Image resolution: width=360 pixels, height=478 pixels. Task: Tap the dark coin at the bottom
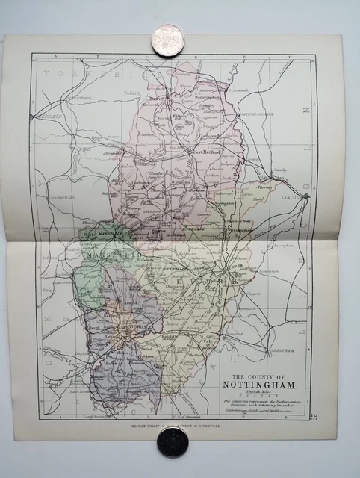point(172,442)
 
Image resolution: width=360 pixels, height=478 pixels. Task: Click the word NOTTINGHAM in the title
point(261,386)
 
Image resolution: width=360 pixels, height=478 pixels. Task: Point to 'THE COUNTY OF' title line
point(261,376)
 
